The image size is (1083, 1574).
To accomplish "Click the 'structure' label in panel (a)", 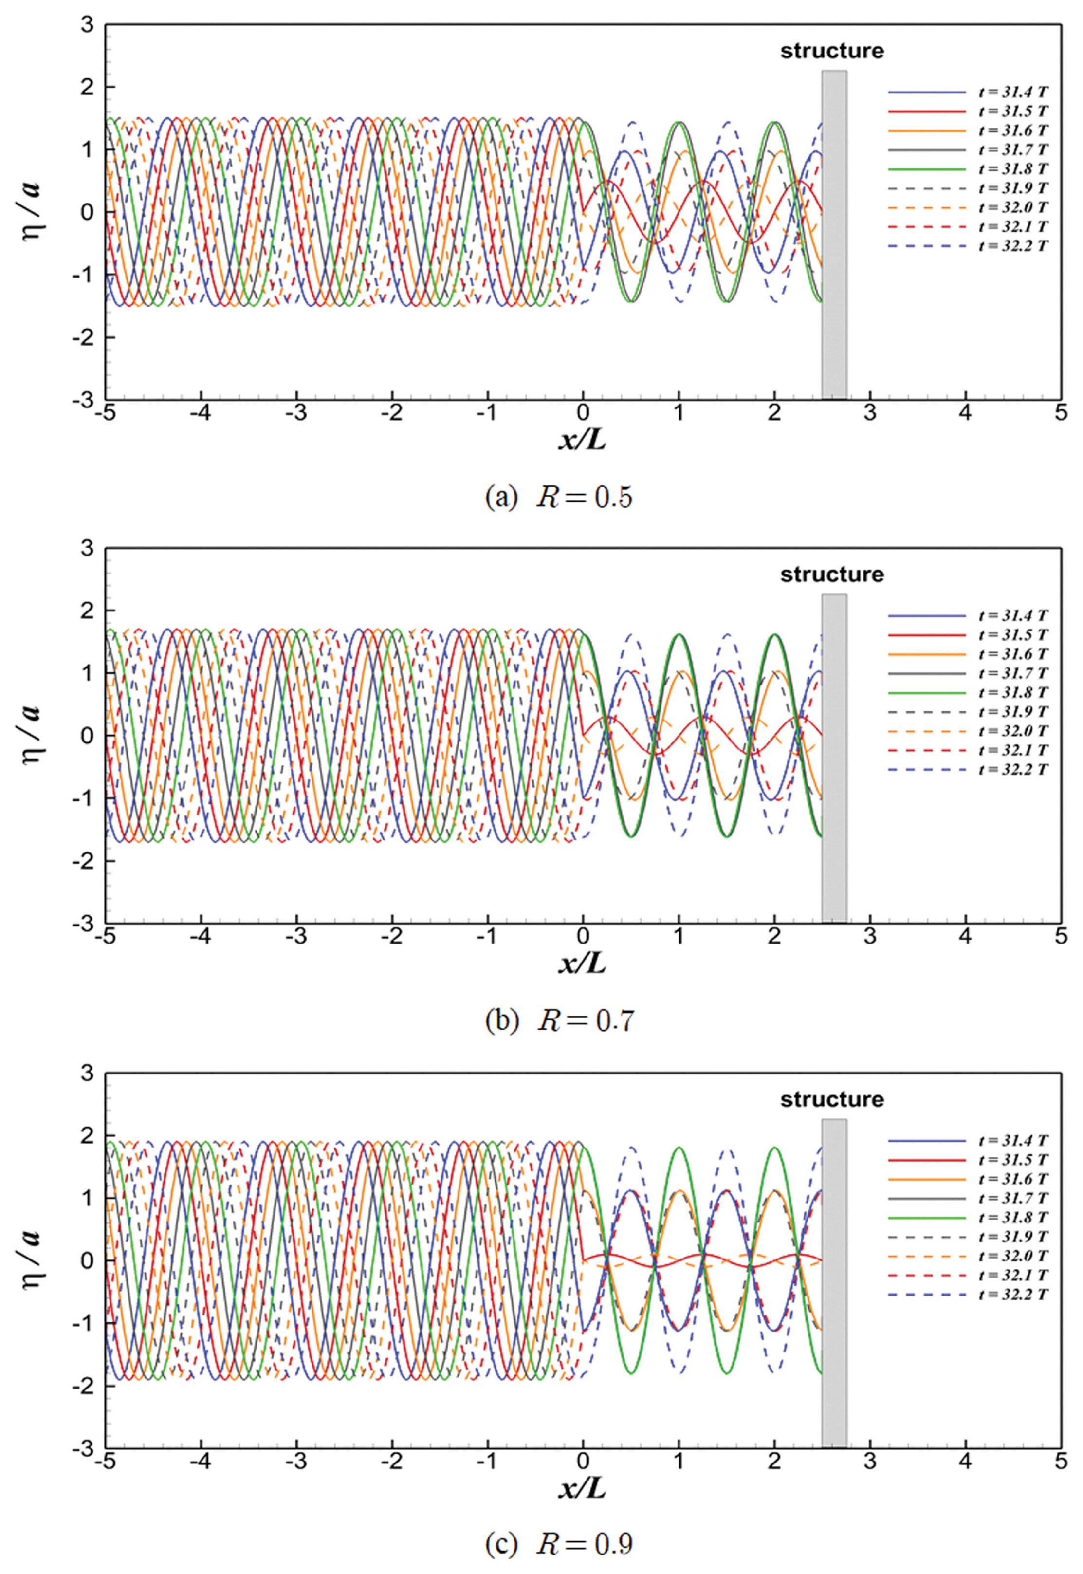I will tap(832, 51).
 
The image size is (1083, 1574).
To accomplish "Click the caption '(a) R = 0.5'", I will tap(558, 497).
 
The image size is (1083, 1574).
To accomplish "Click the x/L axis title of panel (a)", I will tap(582, 441).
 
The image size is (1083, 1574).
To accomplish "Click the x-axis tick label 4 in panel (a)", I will tap(965, 413).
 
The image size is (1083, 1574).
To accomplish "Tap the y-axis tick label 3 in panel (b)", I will tap(87, 548).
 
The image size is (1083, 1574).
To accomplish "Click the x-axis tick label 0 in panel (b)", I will tap(582, 937).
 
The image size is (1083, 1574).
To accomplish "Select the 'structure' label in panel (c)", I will tap(832, 1099).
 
